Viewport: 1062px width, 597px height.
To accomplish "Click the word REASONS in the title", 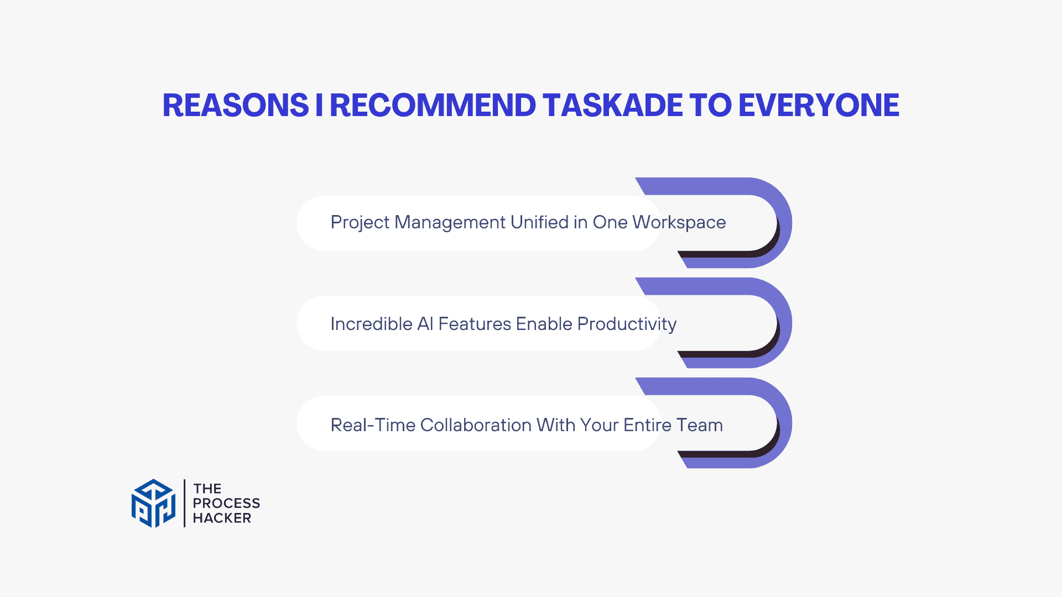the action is [x=236, y=105].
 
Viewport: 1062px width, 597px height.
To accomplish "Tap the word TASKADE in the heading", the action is [x=613, y=105].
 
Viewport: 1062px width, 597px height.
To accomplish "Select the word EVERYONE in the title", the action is [x=819, y=105].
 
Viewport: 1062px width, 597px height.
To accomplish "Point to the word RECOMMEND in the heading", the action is [x=433, y=105].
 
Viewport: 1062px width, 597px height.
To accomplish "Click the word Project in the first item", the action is [x=360, y=223].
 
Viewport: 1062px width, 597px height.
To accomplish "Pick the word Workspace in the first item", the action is [x=679, y=223].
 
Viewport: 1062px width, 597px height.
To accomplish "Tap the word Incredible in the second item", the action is [x=371, y=324].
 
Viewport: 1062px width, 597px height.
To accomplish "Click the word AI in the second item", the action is [x=425, y=324].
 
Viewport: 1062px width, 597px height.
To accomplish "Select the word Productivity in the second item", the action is [x=627, y=324].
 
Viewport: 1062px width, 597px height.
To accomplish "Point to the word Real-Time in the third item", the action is [x=373, y=425].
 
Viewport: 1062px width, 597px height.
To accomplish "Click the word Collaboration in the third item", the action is [x=476, y=425].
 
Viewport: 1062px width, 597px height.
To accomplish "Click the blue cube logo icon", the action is [x=153, y=503].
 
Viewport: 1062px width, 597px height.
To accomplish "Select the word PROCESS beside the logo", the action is [x=226, y=503].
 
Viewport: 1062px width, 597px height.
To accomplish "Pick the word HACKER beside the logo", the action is [x=222, y=518].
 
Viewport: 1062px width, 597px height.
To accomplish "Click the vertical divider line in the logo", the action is [x=184, y=503].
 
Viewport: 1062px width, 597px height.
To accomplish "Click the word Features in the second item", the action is [x=474, y=324].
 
